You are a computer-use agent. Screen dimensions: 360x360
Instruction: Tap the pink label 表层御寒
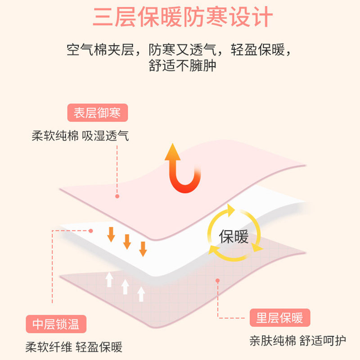(97, 112)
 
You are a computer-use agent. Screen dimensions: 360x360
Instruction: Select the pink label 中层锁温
(56, 324)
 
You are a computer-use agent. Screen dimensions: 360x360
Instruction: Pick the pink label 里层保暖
(279, 319)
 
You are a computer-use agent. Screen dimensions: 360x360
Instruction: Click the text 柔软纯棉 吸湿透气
(80, 136)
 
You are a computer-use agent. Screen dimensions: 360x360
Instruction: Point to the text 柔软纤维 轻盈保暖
(74, 347)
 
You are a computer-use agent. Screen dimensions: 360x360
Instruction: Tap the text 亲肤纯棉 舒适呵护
(298, 341)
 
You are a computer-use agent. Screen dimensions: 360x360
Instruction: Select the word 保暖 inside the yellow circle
(234, 237)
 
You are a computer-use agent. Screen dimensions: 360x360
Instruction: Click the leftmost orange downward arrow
(111, 234)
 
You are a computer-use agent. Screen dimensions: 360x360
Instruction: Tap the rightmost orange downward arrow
(143, 248)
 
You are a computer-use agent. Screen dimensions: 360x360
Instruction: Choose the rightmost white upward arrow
(141, 293)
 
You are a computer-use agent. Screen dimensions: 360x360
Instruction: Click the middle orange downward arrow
(127, 242)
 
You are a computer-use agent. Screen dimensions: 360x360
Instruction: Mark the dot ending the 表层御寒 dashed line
(117, 196)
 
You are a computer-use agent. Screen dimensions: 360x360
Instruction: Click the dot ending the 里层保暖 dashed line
(218, 281)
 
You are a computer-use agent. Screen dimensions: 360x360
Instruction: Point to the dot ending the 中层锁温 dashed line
(91, 231)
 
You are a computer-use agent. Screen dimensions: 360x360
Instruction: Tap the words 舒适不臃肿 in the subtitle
(182, 67)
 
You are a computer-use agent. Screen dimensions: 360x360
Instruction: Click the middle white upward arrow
(125, 287)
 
